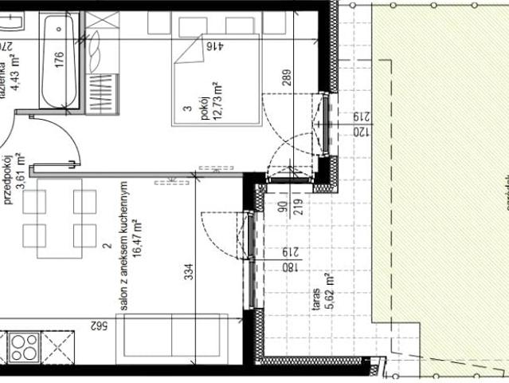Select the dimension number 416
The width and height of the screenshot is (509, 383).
(213, 47)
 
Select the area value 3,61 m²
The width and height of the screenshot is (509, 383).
(22, 169)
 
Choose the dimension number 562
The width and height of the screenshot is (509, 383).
(99, 325)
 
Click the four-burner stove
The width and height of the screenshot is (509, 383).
(24, 348)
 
